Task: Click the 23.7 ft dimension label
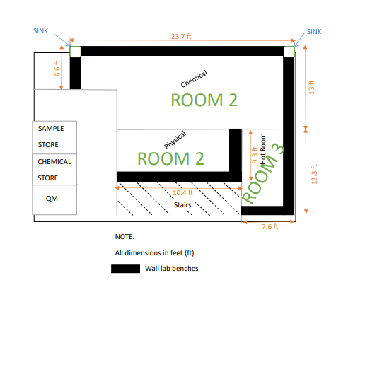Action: (181, 37)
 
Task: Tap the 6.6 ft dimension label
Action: (57, 68)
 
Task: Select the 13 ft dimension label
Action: (311, 87)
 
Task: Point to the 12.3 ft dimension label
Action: (314, 174)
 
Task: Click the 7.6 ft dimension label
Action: (270, 227)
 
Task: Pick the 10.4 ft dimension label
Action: (182, 193)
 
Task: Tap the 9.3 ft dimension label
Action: (255, 155)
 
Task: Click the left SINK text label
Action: (41, 31)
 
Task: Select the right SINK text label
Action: (314, 32)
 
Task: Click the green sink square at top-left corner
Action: (76, 52)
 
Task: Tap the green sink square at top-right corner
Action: (289, 52)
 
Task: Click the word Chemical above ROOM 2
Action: (194, 79)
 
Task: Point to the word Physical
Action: (175, 139)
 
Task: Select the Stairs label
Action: (182, 205)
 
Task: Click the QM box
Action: (54, 199)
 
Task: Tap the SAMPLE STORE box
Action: (54, 137)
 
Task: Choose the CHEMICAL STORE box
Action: (54, 170)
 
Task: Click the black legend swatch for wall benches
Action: (125, 269)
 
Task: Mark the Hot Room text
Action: (263, 149)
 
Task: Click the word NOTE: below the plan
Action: (124, 237)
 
